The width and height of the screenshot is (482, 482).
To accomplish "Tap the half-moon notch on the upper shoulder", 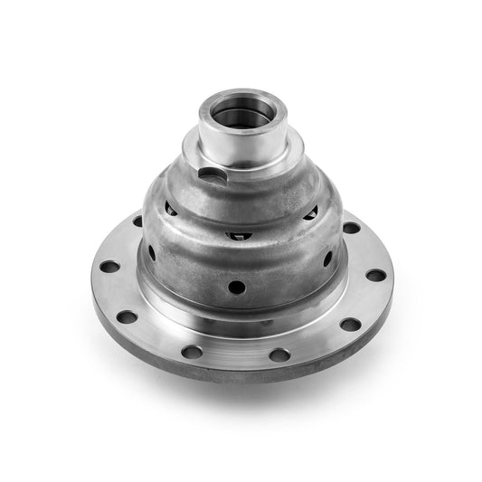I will click(210, 172).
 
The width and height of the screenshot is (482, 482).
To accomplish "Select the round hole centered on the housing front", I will click(236, 287).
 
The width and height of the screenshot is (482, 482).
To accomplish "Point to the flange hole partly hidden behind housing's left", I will click(137, 221).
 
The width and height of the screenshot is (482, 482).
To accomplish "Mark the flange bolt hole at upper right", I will click(351, 227).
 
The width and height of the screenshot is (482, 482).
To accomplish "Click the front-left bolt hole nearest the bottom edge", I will click(192, 352).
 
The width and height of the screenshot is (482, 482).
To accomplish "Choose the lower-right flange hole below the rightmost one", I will click(349, 324).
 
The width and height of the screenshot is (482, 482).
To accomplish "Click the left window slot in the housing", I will click(170, 209).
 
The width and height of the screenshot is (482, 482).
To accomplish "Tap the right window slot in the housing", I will click(310, 214).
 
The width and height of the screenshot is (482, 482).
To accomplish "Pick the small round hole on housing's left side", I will click(151, 254).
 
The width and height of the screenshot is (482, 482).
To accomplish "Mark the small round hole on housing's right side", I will click(326, 260).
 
